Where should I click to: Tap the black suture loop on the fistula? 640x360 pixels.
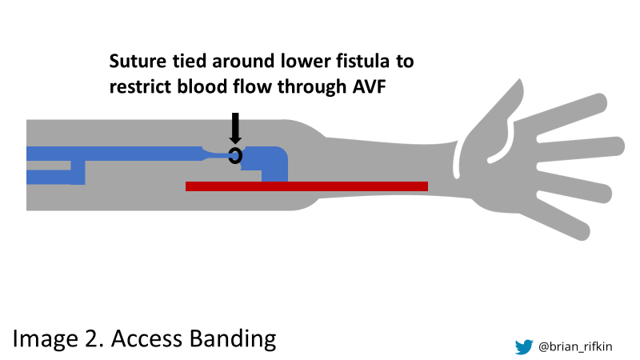click(x=235, y=155)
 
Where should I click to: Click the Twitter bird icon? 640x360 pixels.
click(x=524, y=346)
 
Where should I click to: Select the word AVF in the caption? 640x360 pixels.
click(x=369, y=86)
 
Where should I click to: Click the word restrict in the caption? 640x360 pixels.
click(x=138, y=86)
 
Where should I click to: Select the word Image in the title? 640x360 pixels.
click(x=43, y=338)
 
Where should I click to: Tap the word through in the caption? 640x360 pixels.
click(x=309, y=86)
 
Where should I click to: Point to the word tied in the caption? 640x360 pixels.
click(x=185, y=62)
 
